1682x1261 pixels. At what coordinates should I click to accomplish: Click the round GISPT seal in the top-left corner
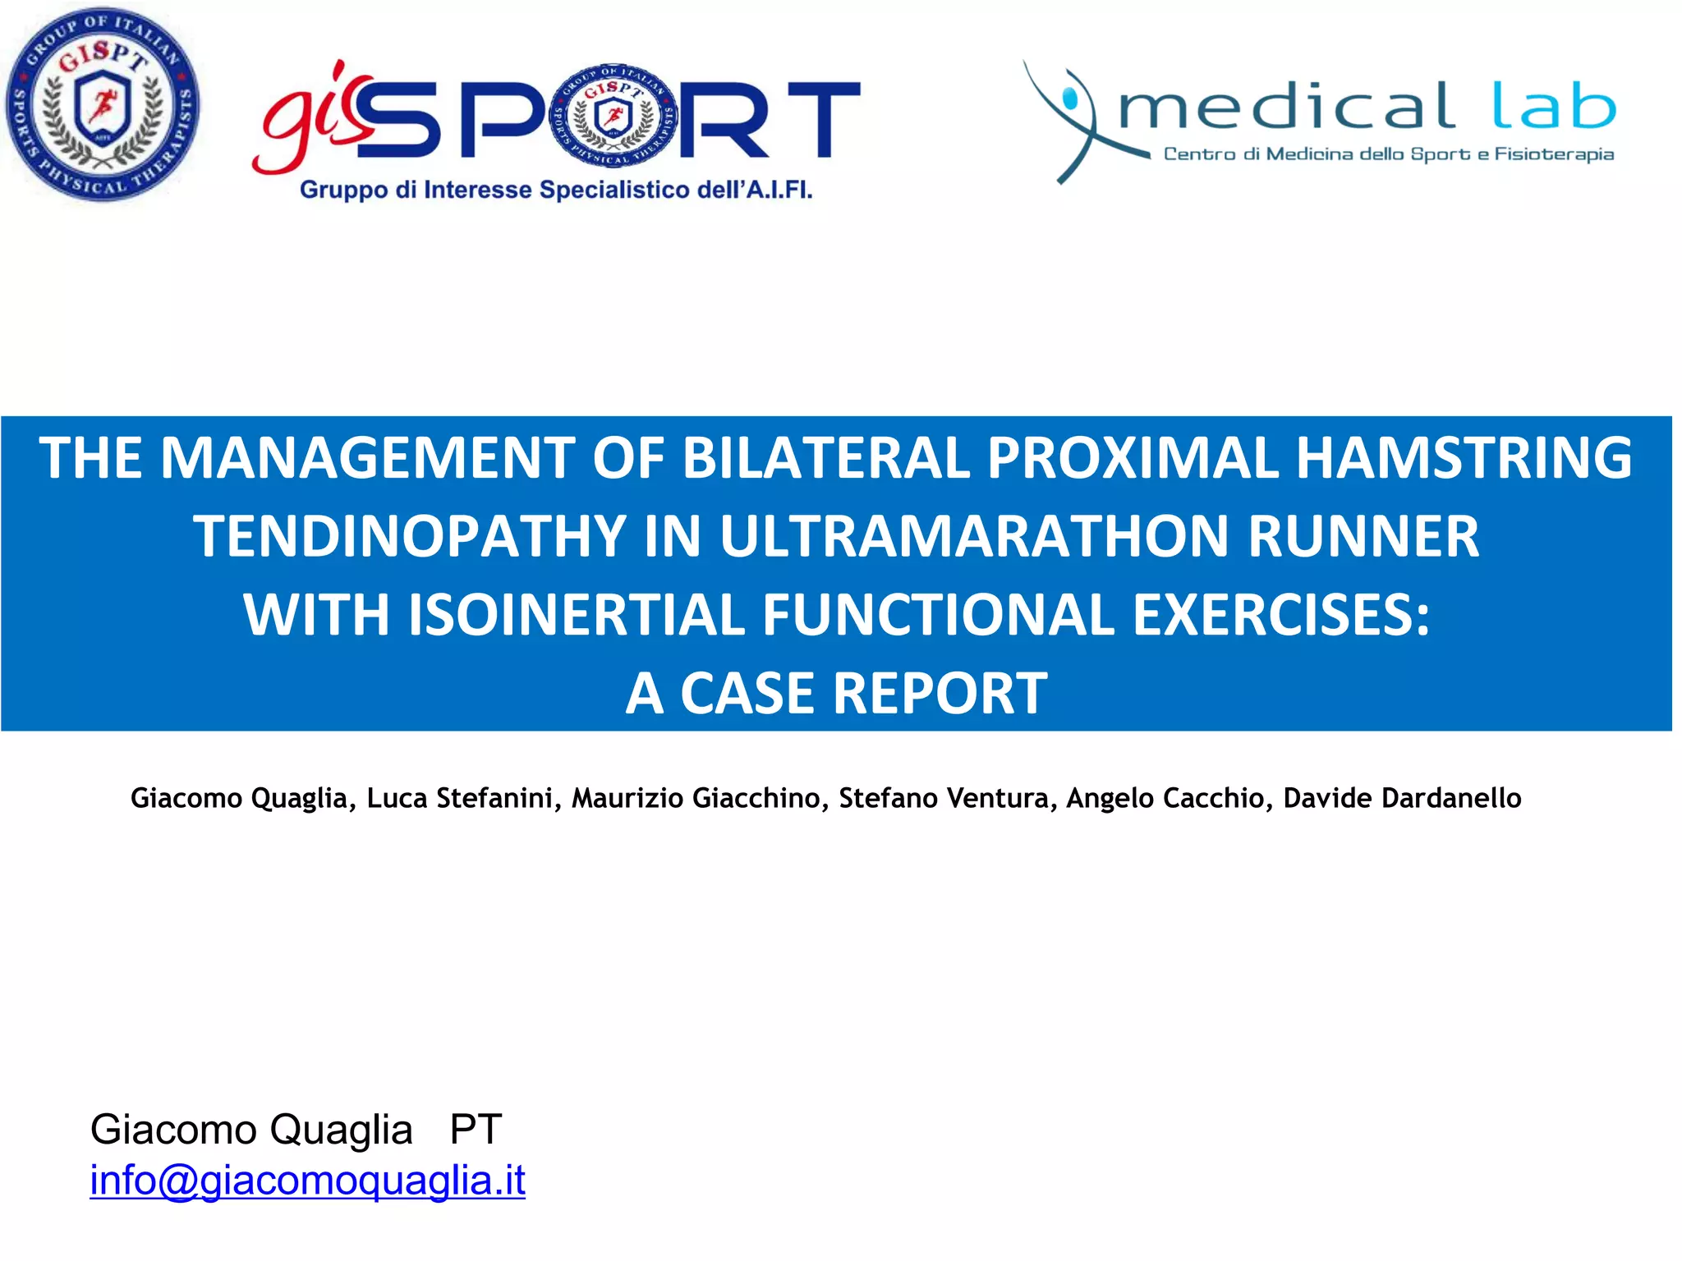(102, 104)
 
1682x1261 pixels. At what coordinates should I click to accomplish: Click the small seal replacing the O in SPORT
(614, 115)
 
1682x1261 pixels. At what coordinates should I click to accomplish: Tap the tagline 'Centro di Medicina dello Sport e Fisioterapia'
(1388, 154)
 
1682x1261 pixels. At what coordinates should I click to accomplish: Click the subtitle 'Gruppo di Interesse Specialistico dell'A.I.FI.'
(556, 190)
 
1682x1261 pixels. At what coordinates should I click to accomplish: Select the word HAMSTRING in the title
(1464, 458)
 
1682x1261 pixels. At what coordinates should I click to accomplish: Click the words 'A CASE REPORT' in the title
(836, 694)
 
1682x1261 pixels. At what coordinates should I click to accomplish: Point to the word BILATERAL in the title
(826, 458)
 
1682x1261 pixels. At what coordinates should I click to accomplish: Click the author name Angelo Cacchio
(1165, 798)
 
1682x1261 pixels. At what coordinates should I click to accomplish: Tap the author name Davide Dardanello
(1401, 798)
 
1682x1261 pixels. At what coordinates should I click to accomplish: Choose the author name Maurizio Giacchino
(696, 798)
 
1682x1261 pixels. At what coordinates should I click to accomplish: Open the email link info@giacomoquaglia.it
(307, 1181)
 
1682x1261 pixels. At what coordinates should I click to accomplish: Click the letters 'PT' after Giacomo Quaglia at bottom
(476, 1130)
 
